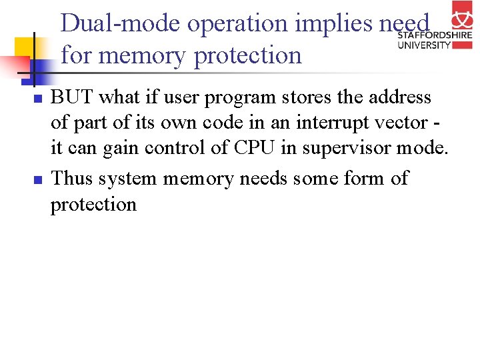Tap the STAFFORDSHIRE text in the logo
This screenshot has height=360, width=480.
click(x=435, y=35)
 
